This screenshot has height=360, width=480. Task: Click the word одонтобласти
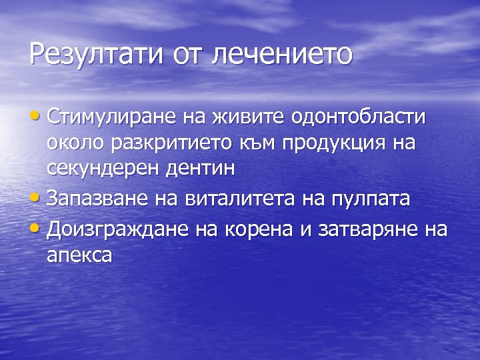[359, 117]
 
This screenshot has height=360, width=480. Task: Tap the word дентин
[201, 168]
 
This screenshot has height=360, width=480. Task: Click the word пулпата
[369, 199]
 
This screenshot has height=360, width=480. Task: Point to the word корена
[251, 229]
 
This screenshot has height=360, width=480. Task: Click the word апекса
[79, 255]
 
